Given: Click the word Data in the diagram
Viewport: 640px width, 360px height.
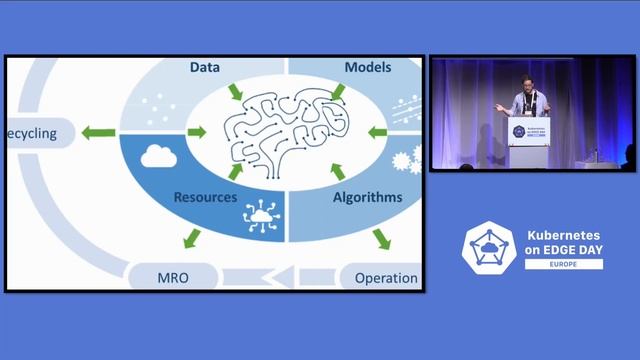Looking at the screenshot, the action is point(205,68).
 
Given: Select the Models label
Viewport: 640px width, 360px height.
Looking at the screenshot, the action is point(367,68).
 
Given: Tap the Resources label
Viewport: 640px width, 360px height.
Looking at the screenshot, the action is point(205,198).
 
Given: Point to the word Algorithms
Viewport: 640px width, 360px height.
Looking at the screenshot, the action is point(367,198).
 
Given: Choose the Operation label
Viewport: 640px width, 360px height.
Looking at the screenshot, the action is point(386,277).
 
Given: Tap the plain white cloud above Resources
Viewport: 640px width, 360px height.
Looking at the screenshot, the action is point(159,155).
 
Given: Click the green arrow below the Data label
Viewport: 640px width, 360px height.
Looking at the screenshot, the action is point(235,93).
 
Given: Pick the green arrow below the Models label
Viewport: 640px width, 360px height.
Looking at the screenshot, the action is point(337,93).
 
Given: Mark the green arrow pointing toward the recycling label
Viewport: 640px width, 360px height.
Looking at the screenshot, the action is point(97,132).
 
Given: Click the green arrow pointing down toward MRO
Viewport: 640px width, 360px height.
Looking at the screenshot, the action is point(190,239).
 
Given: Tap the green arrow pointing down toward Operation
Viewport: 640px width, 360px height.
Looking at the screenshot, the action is point(380,239).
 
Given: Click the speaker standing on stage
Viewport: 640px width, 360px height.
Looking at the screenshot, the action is point(526,100).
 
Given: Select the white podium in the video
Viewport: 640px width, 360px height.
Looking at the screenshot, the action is point(528,140).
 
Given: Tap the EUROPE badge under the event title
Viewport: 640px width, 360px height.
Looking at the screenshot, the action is point(564,264).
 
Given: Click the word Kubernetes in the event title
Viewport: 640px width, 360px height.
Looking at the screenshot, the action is point(564,236).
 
